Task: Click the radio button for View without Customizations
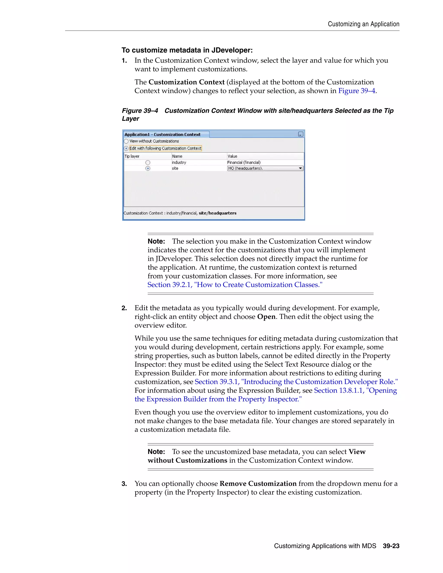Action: coord(126,141)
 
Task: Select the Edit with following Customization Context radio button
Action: coord(126,149)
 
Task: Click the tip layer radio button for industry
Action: coord(148,163)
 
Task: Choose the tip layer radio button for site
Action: coord(148,168)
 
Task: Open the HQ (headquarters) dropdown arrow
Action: coord(300,168)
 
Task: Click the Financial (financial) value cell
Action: coord(244,163)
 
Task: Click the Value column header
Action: coord(233,156)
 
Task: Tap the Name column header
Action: coord(177,156)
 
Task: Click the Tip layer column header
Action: coord(132,156)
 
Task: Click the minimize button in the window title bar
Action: coord(301,134)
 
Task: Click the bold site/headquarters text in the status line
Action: coord(218,213)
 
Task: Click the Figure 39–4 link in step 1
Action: coord(357,91)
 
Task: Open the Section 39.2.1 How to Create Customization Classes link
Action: coord(235,285)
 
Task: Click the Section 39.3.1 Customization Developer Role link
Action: coord(296,382)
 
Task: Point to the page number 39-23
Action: coord(391,546)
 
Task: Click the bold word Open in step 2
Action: coord(266,317)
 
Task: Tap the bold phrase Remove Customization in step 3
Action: coord(258,484)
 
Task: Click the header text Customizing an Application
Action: coord(363,24)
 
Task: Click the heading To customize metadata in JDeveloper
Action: coord(187,50)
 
